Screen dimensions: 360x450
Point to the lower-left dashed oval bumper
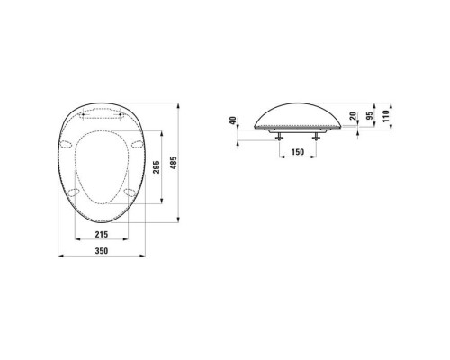[71, 193]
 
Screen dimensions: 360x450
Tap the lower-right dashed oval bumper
[130, 191]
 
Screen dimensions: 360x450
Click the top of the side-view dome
[297, 100]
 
